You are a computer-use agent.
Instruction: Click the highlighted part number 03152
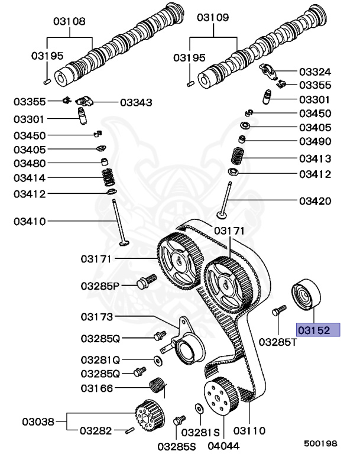(318, 329)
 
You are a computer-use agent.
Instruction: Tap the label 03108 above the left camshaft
(70, 21)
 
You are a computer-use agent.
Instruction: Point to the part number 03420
(314, 201)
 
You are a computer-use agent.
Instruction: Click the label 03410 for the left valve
(29, 222)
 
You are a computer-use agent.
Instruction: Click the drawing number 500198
(320, 443)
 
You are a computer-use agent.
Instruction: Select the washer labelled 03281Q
(158, 360)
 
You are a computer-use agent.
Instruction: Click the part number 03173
(96, 317)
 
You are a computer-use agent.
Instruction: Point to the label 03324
(314, 72)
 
